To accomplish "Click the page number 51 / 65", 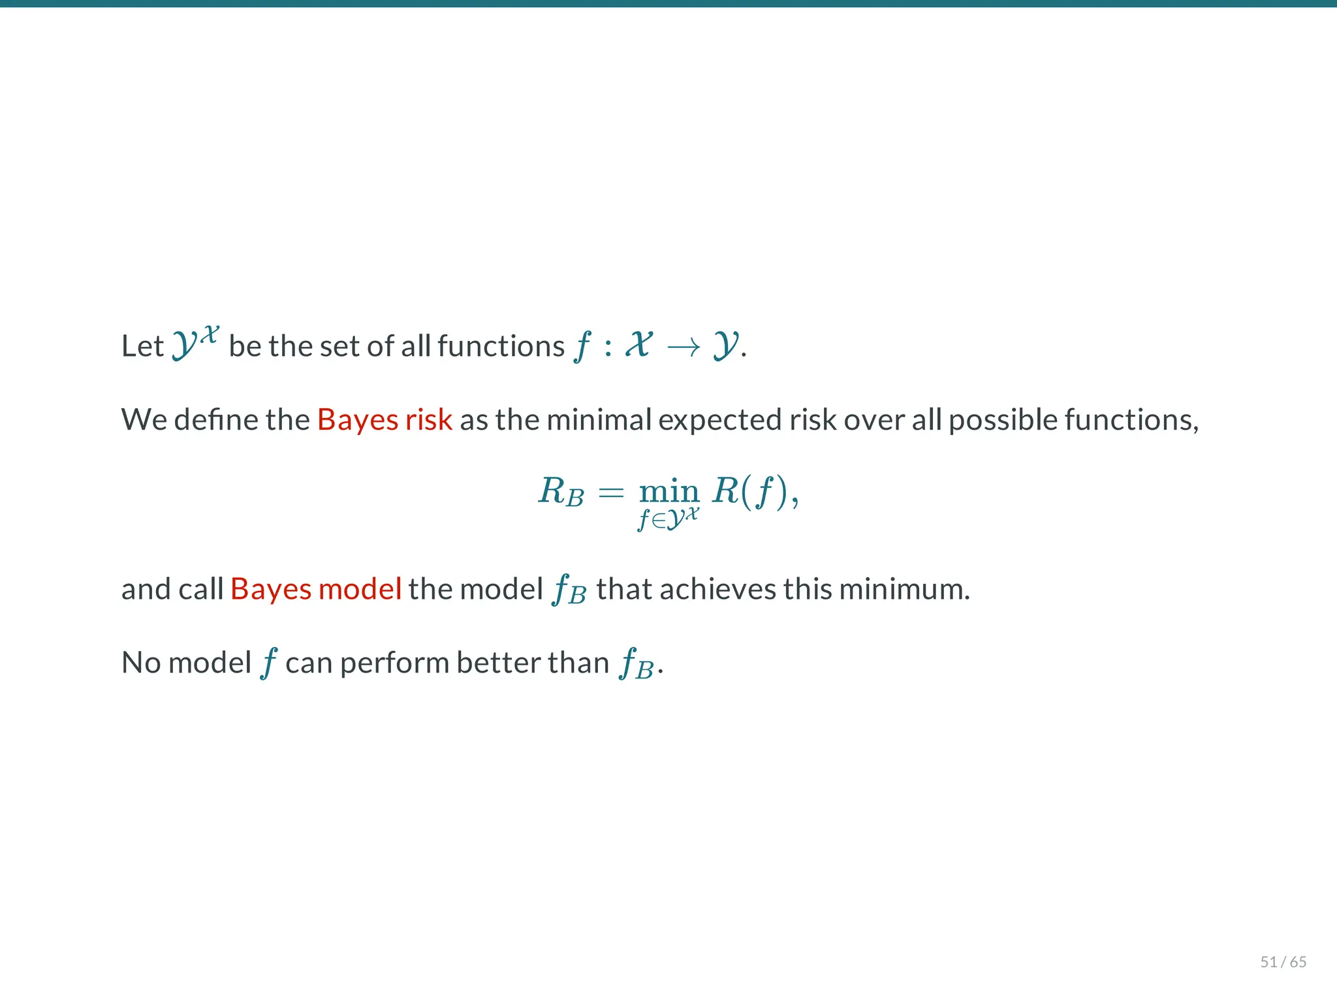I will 1283,962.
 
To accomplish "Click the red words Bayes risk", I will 385,419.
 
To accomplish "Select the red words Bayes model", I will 315,589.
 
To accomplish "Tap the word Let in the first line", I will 142,346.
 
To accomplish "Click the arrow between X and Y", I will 683,347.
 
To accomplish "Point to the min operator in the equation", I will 669,491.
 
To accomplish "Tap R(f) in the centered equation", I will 751,491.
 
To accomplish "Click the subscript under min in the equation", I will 668,518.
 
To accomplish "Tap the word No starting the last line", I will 141,663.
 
